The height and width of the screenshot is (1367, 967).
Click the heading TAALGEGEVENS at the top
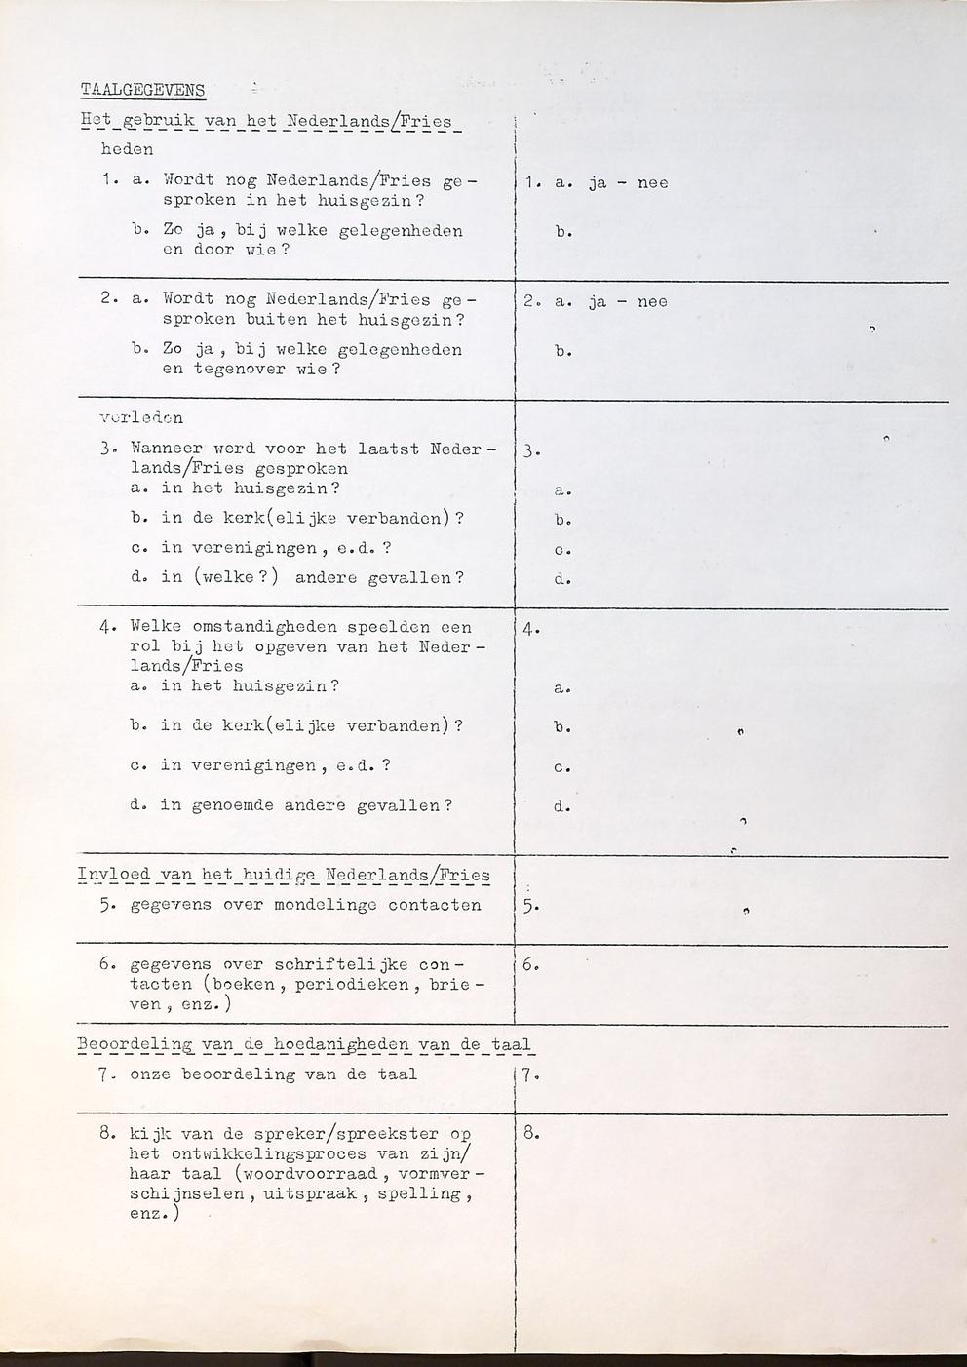(x=142, y=91)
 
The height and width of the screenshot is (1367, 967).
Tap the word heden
(x=127, y=150)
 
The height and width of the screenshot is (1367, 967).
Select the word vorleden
(x=141, y=418)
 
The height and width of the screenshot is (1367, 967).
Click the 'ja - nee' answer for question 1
(x=628, y=183)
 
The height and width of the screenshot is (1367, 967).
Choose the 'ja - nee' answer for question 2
(x=628, y=302)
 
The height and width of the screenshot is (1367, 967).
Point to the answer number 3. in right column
(x=531, y=451)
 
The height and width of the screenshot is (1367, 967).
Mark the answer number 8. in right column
(x=531, y=1134)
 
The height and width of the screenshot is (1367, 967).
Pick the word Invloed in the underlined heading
(x=113, y=875)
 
